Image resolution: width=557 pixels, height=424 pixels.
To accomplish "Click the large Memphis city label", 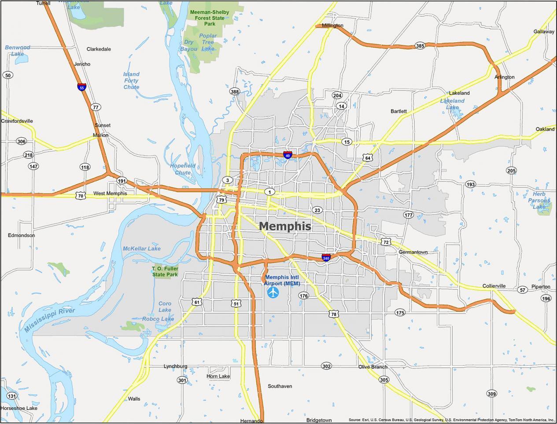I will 284,226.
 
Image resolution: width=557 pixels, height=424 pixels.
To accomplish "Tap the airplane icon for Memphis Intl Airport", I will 273,292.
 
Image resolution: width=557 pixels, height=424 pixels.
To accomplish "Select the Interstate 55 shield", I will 81,87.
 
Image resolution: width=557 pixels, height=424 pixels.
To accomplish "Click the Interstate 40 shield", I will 287,155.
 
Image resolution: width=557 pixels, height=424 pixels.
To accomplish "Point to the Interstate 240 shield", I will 326,258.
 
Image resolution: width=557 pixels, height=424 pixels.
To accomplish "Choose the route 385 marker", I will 420,46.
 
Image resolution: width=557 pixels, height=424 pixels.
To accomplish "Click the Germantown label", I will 413,252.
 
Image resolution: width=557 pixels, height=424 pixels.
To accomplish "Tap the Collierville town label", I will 494,286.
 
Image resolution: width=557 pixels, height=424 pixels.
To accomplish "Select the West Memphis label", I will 110,194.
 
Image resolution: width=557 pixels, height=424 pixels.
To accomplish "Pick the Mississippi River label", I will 49,320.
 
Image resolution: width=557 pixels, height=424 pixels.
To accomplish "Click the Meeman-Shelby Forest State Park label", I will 210,18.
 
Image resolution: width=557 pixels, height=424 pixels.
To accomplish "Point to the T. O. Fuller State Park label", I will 165,271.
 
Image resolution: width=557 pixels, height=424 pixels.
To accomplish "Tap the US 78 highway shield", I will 333,314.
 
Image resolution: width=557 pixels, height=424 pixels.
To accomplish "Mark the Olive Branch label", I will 373,367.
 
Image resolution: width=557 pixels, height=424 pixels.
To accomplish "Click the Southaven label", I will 280,386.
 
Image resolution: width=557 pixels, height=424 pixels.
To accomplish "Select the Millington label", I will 332,26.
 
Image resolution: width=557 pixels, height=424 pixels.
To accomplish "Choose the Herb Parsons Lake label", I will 539,200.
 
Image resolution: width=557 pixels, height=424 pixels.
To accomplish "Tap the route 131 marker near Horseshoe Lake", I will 12,396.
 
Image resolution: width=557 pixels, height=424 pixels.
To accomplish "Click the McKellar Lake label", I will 141,249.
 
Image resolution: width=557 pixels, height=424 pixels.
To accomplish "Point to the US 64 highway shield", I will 368,157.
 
